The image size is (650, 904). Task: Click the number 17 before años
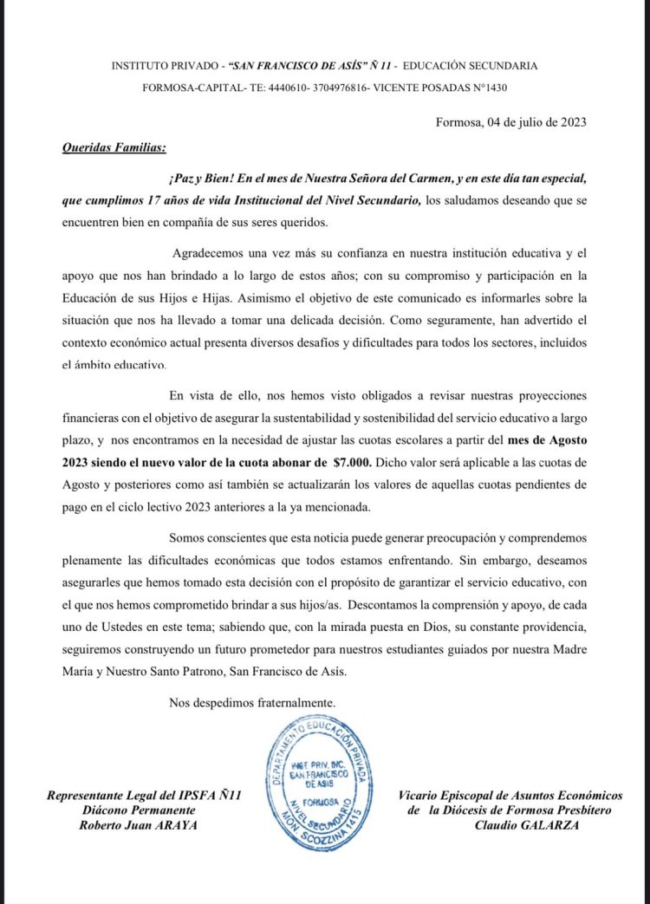pyautogui.click(x=155, y=200)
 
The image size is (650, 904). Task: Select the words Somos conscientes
pyautogui.click(x=218, y=537)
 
